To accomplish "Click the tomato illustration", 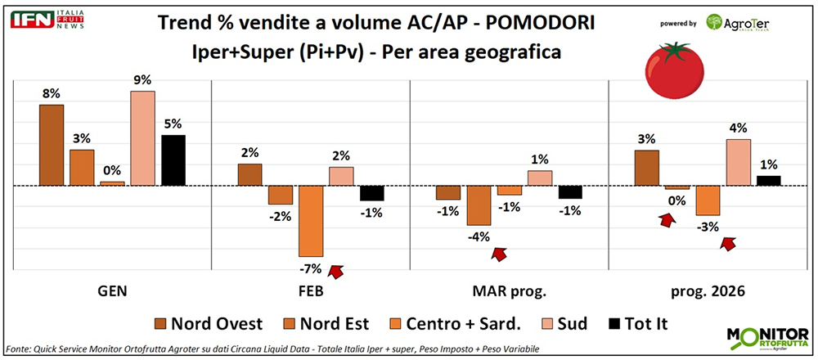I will point(674,70).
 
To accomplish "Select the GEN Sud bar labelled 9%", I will point(142,138).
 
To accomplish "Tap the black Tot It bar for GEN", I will point(173,160).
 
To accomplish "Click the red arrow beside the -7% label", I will point(335,270).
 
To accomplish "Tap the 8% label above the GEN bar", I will point(52,93).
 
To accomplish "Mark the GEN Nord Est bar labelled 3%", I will point(82,168).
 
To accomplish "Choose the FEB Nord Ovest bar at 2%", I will point(249,175).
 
